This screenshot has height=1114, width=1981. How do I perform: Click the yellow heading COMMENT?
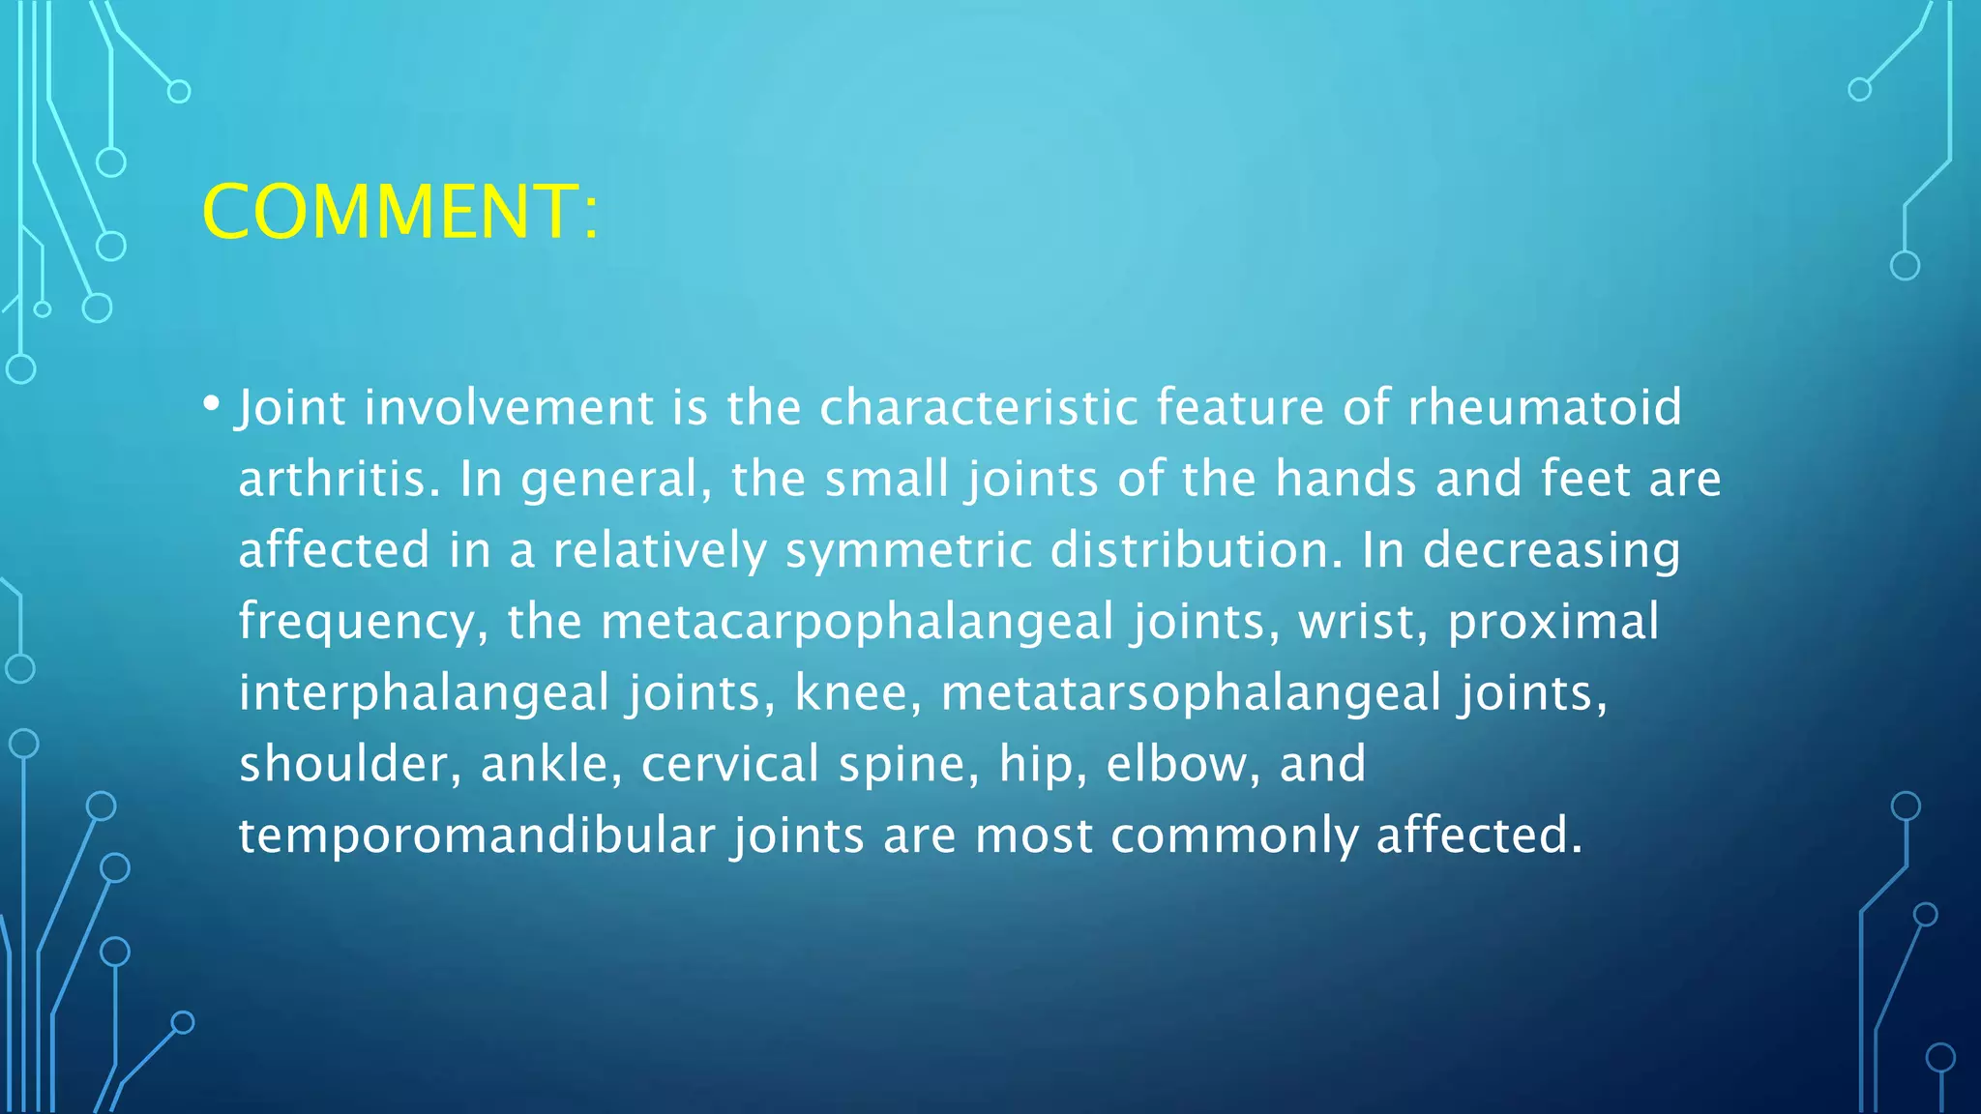point(400,212)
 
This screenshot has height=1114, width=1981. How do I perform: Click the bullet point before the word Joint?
point(211,403)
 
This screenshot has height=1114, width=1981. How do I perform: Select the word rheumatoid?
point(1545,407)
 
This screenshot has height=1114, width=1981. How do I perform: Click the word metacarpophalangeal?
point(857,622)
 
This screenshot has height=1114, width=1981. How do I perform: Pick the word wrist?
point(1363,622)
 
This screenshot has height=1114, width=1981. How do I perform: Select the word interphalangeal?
point(424,693)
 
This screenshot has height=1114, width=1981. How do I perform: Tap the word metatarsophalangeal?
point(1191,693)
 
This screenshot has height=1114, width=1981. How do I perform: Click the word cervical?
point(730,764)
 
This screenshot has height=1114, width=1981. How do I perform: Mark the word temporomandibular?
point(476,835)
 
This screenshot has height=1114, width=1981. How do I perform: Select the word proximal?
point(1553,622)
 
